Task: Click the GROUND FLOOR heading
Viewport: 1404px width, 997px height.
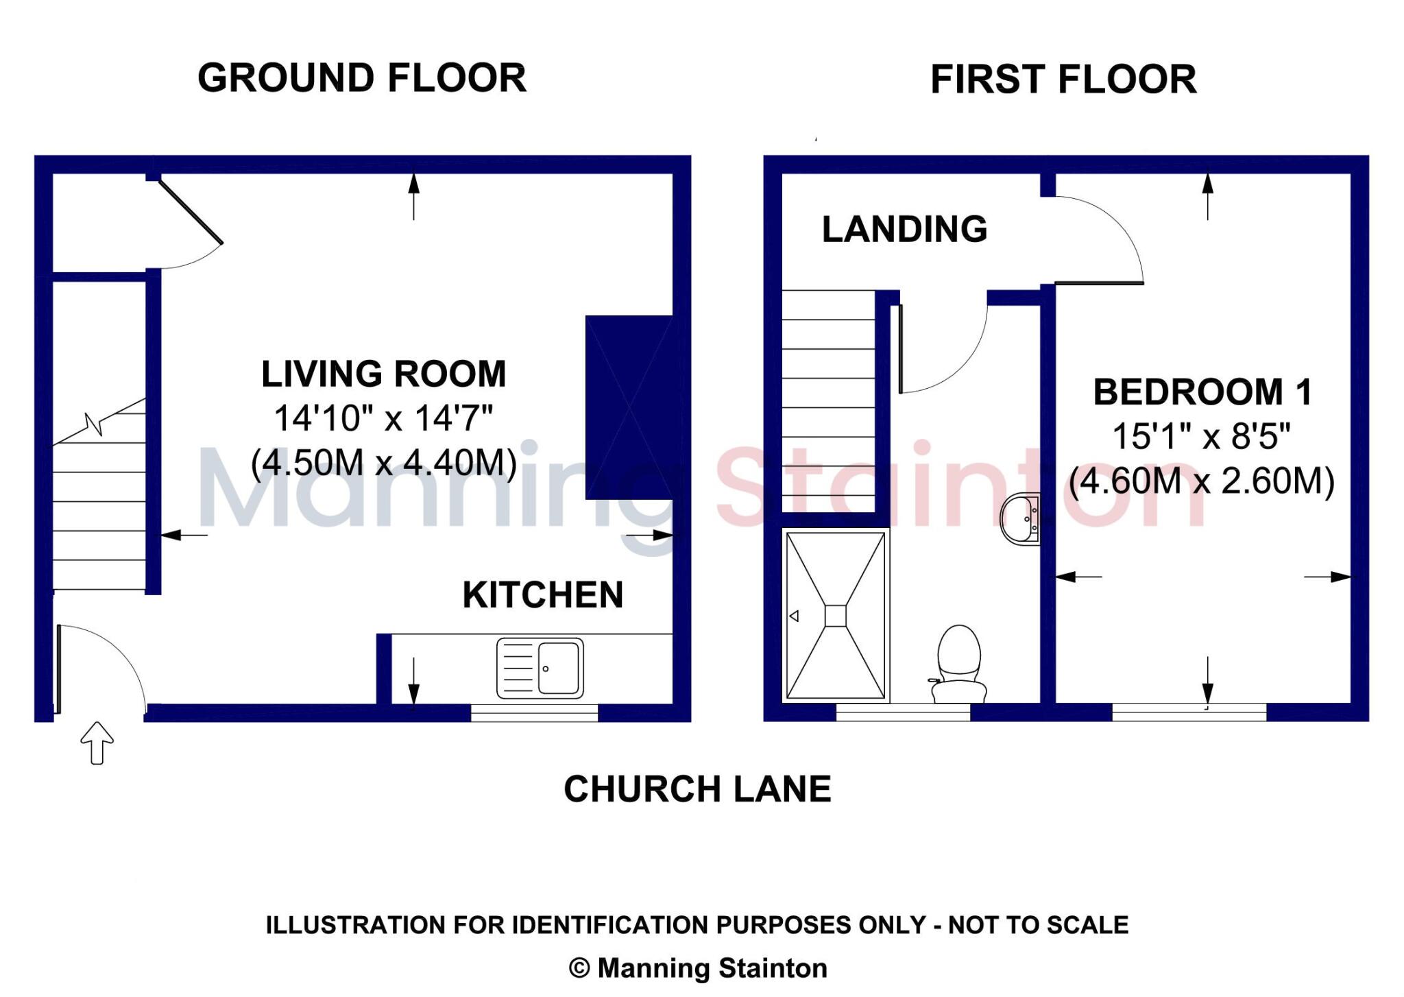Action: coord(362,78)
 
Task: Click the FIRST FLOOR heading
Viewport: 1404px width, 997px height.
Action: coord(1063,80)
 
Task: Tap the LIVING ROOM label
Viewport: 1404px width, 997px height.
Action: coord(383,374)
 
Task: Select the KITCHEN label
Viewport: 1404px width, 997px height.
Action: coord(543,595)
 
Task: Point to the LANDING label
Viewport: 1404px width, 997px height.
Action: coord(904,229)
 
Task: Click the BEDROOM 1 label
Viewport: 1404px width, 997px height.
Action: coord(1202,393)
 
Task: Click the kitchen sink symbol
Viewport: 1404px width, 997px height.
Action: coord(540,668)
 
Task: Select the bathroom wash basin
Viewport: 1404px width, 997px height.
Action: coord(1021,519)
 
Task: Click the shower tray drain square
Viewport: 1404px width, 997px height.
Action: coord(835,616)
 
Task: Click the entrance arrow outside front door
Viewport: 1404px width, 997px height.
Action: coord(97,743)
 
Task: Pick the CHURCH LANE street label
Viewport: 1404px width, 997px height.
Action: coord(697,789)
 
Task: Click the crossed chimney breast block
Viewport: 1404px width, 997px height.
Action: coord(629,407)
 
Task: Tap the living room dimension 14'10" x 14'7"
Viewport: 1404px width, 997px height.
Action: coord(383,418)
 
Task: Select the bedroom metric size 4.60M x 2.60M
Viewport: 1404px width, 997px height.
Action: coord(1202,481)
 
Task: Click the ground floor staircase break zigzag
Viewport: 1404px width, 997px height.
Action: coord(94,424)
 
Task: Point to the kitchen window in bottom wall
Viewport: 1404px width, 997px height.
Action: coord(534,713)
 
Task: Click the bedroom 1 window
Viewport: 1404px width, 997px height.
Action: coord(1189,713)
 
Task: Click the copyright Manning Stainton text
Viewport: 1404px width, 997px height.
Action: coord(698,968)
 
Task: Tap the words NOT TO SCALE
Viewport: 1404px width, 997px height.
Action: coord(1038,926)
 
